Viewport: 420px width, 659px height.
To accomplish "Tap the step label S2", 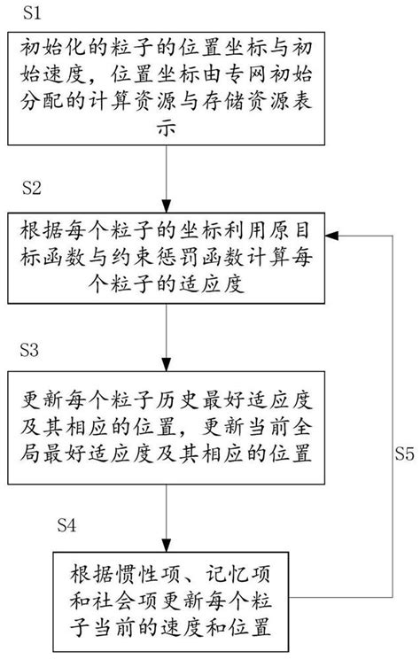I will tap(32, 189).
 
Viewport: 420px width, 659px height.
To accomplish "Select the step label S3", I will tap(32, 352).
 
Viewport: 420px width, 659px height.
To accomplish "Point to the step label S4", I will tap(71, 526).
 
